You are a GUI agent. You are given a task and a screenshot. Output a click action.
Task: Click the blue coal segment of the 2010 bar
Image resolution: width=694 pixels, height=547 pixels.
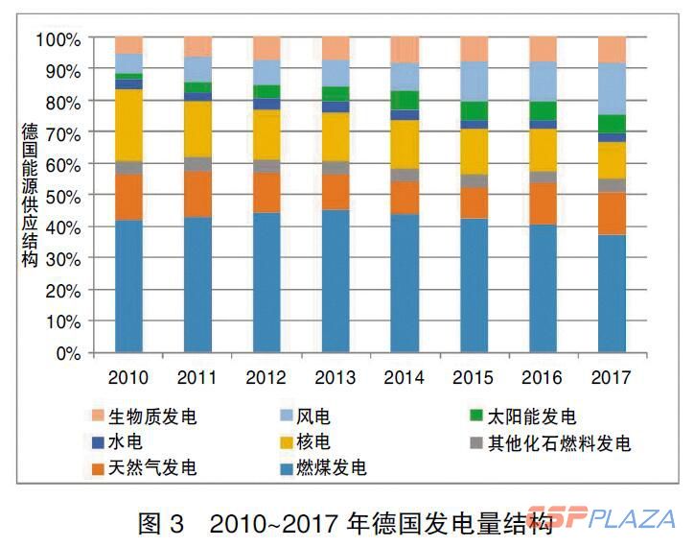128,286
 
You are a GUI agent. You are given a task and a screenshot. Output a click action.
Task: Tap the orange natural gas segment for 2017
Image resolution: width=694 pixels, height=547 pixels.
612,213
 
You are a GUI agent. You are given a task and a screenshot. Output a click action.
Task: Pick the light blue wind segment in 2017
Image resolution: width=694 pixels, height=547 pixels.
612,88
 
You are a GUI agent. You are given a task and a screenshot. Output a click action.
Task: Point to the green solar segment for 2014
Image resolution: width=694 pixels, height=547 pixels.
405,100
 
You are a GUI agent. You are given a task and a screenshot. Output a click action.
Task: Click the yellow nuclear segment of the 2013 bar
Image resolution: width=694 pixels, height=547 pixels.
335,136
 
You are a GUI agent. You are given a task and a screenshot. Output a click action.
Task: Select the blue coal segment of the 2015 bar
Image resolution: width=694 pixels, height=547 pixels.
474,285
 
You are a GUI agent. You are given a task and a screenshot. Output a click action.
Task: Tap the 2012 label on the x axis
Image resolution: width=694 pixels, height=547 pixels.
266,377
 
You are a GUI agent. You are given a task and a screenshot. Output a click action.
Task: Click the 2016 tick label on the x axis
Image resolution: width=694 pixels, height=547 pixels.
543,377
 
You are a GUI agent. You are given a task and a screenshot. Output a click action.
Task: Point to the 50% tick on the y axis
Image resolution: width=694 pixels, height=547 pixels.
62,196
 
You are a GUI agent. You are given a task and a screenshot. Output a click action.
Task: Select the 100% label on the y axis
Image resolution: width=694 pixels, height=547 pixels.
58,39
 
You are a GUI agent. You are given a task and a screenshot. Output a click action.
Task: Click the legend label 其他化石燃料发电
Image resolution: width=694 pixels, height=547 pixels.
560,443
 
